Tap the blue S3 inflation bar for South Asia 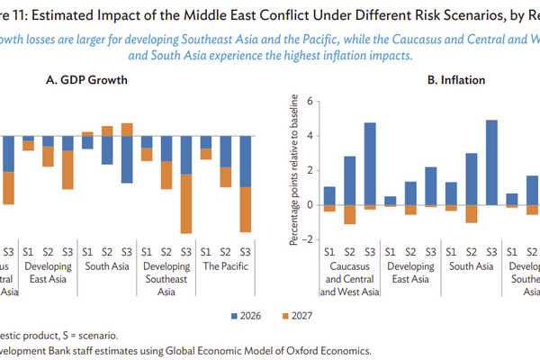tap(490, 162)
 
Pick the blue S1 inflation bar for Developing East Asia tap(390, 201)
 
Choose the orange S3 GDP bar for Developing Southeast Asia tap(186, 203)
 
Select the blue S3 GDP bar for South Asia tap(127, 159)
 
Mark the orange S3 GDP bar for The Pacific tap(245, 209)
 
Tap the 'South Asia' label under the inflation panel tap(470, 265)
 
